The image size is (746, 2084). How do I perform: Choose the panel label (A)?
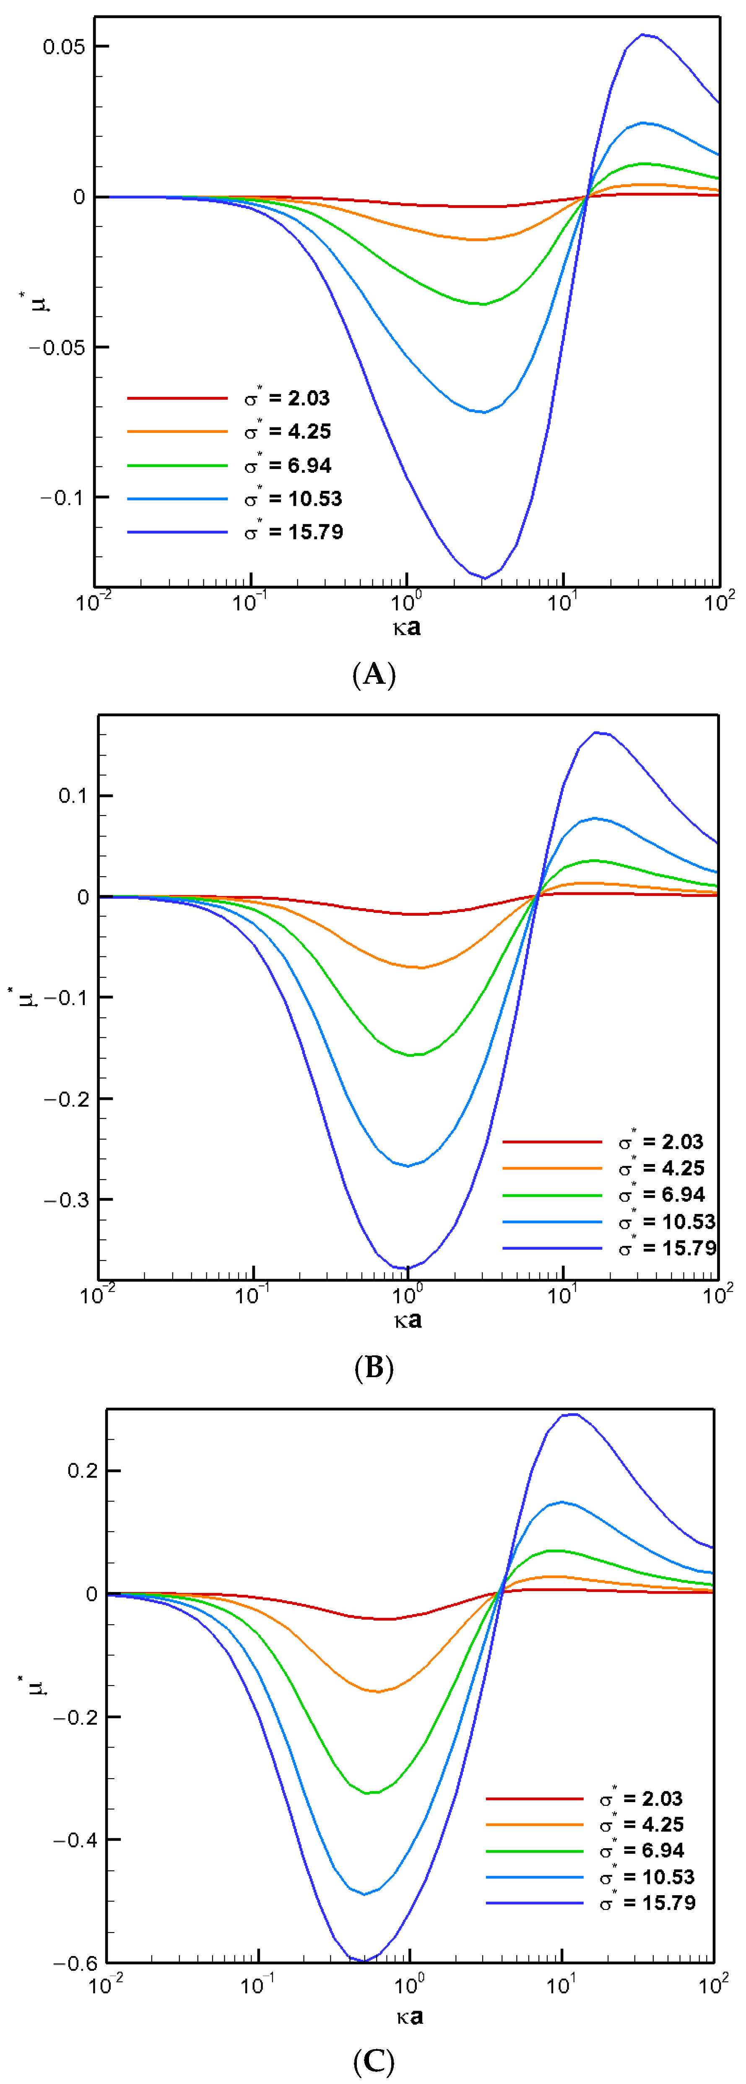click(374, 674)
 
